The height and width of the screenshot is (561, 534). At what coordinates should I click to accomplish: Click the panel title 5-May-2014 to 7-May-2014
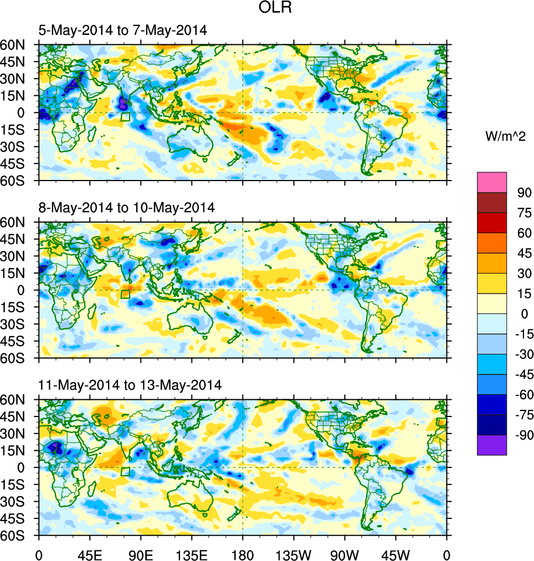point(122,31)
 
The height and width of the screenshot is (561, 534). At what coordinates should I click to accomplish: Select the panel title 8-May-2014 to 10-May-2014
point(126,208)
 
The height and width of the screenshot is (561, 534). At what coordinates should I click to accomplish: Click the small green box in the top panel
point(126,117)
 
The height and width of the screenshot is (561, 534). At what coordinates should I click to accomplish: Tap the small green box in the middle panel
point(126,294)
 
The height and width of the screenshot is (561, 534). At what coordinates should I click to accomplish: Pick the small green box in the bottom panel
point(126,471)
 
